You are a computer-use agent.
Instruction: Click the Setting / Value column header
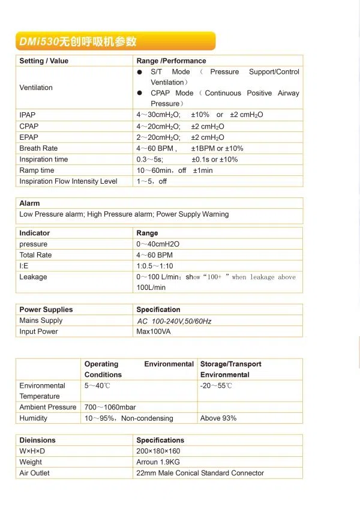click(x=44, y=61)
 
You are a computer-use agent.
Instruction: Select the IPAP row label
click(x=28, y=115)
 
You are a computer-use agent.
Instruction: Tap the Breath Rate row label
click(x=38, y=148)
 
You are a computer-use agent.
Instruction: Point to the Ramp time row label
click(x=37, y=170)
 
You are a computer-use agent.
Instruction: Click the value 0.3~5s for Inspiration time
click(x=150, y=160)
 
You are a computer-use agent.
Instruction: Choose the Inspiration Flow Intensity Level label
click(x=68, y=181)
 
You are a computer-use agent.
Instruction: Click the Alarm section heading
click(x=29, y=203)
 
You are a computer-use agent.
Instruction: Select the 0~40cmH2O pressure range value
click(x=158, y=244)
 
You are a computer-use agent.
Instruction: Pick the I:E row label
click(x=24, y=266)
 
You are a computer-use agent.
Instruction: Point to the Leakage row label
click(x=33, y=277)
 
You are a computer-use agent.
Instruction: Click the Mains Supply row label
click(x=41, y=321)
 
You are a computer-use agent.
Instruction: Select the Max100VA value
click(x=154, y=331)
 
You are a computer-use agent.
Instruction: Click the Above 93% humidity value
click(x=218, y=418)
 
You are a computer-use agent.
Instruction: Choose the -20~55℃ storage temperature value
click(x=216, y=385)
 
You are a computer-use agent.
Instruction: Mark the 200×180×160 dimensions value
click(x=158, y=451)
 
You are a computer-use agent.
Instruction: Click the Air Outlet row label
click(x=34, y=473)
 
